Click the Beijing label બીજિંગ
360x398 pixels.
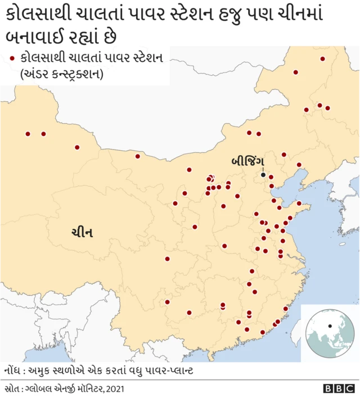[x=247, y=161]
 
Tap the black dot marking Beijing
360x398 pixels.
[x=263, y=175]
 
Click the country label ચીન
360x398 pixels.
[x=82, y=232]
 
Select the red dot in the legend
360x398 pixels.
[x=12, y=57]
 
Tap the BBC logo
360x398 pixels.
[x=339, y=388]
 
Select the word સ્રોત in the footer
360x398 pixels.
[x=12, y=388]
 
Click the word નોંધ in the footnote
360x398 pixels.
[x=12, y=372]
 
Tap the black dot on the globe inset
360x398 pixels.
[x=330, y=325]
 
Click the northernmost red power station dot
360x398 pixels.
[x=322, y=58]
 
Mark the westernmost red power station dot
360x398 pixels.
[x=28, y=134]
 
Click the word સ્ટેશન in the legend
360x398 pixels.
[x=145, y=57]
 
